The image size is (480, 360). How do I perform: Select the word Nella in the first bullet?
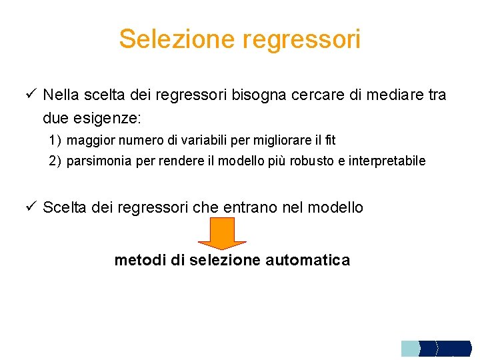pos(61,95)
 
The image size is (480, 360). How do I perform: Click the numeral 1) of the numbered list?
pos(55,141)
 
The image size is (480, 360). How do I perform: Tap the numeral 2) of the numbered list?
pos(55,161)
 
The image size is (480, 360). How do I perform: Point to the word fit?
pos(329,141)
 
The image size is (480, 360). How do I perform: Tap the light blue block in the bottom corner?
pos(409,348)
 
